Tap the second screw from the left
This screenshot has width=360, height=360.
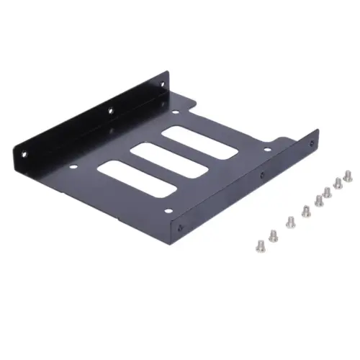pyautogui.click(x=273, y=233)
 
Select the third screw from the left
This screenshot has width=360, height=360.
pyautogui.click(x=289, y=220)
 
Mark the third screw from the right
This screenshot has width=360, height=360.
pyautogui.click(x=328, y=191)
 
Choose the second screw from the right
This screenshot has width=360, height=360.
pyautogui.click(x=338, y=182)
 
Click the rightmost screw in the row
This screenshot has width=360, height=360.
pyautogui.click(x=348, y=174)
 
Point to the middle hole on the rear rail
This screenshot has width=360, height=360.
pyautogui.click(x=110, y=112)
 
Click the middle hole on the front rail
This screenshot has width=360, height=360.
pyautogui.click(x=261, y=175)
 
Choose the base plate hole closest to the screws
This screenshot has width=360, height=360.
pyautogui.click(x=267, y=150)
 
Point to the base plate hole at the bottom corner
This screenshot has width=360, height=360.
pyautogui.click(x=167, y=211)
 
